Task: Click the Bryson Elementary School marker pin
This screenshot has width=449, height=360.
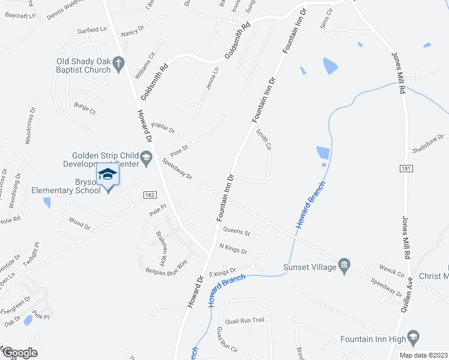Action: tap(108, 175)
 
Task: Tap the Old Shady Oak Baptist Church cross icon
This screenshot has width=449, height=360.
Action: tap(119, 62)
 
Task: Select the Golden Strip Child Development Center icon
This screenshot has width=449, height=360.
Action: tap(146, 159)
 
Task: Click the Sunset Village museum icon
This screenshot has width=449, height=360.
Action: tap(344, 265)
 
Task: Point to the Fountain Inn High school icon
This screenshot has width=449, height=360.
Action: tap(413, 338)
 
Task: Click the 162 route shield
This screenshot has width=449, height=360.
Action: tap(151, 194)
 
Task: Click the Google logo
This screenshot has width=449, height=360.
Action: tap(19, 353)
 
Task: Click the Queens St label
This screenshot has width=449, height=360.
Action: tap(236, 230)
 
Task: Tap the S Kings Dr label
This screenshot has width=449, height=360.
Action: tap(223, 272)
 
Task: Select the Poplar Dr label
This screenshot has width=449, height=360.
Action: tap(163, 127)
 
